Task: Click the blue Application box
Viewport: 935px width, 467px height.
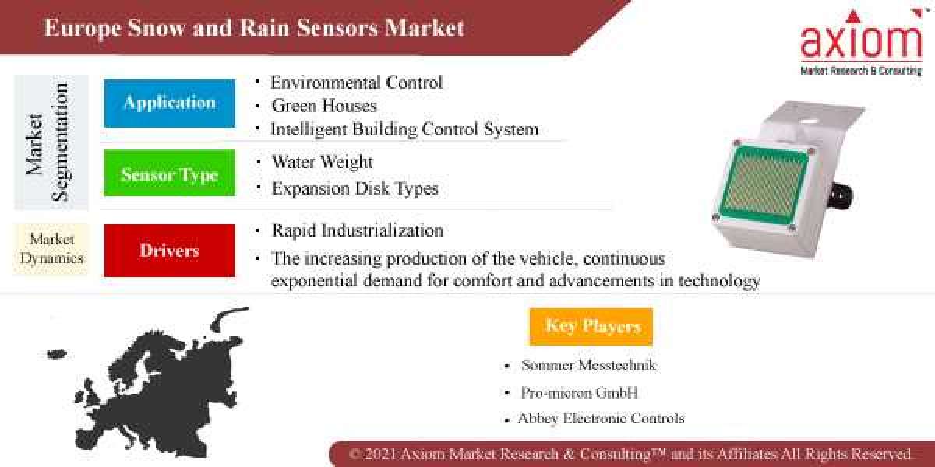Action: (x=169, y=103)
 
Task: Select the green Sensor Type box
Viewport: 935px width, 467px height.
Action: (x=169, y=174)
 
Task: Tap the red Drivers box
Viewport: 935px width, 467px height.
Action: (x=169, y=251)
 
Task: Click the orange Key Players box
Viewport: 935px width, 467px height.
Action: (x=591, y=326)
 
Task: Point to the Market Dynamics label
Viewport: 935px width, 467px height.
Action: (x=51, y=249)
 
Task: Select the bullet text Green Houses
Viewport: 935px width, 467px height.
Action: (x=323, y=106)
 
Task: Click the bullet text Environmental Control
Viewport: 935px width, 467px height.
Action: (x=356, y=83)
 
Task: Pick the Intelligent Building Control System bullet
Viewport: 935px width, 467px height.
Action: (x=404, y=129)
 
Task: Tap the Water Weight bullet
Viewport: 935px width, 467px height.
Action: (x=322, y=163)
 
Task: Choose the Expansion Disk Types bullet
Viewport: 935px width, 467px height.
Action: (x=355, y=188)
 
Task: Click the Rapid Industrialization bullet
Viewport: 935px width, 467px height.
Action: (x=357, y=231)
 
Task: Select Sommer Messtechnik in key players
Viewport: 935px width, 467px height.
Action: (x=589, y=365)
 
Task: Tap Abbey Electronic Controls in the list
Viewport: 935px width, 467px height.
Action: (x=601, y=419)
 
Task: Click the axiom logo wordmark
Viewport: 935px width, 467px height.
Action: (x=861, y=42)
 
